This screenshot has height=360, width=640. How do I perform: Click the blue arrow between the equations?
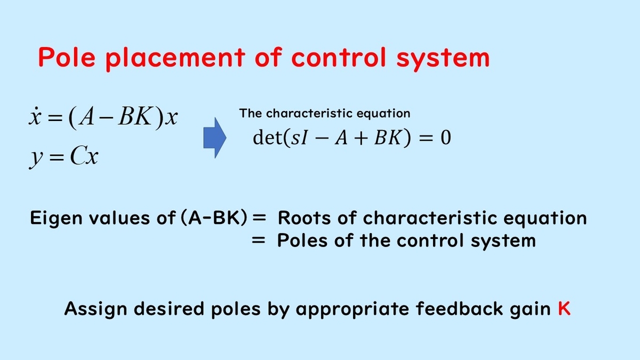coord(215,138)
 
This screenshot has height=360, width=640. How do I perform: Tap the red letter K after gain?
coord(564,309)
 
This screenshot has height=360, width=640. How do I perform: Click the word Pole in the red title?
coord(67,57)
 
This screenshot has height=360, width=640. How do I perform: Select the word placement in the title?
coord(175,59)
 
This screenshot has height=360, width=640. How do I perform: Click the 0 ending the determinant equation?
coord(446,138)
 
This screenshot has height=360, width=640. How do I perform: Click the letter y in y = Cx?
coord(36,158)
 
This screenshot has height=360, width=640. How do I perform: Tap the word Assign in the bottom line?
coord(95,310)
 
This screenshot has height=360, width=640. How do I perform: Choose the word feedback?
coord(459,309)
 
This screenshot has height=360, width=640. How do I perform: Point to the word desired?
coord(169,309)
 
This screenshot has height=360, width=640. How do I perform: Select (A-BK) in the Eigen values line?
coord(214,218)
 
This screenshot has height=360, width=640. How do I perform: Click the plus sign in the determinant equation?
coord(361,138)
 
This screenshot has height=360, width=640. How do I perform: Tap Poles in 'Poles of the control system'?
coord(302,241)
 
